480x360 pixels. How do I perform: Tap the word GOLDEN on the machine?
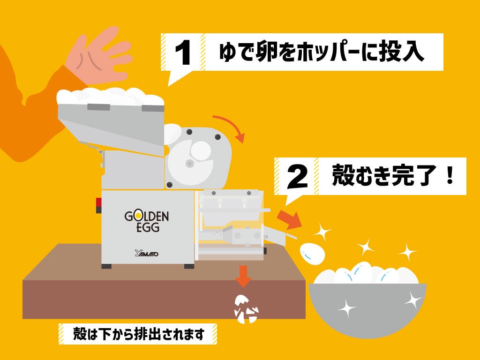point(146,217)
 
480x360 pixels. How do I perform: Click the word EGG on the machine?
point(147,228)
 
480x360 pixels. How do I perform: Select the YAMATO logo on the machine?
point(146,254)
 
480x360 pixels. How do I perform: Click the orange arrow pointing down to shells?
point(243,276)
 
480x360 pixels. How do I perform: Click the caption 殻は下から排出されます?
point(139,334)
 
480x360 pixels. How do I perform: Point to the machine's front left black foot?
point(107,266)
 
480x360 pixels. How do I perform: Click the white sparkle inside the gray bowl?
point(347,307)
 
